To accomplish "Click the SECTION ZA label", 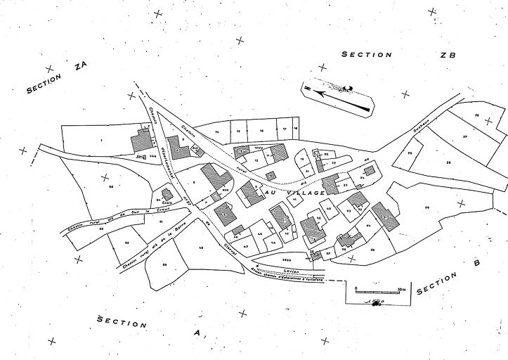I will (56, 78).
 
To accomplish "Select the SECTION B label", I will (447, 278).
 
